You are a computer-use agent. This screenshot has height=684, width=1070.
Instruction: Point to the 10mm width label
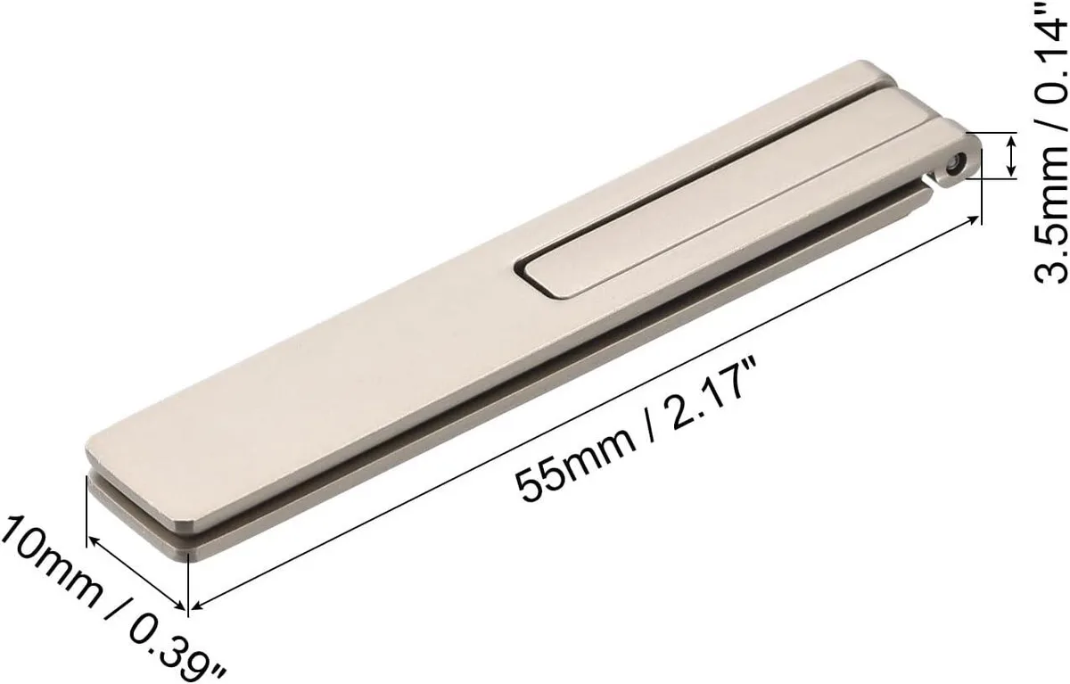coord(52,565)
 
